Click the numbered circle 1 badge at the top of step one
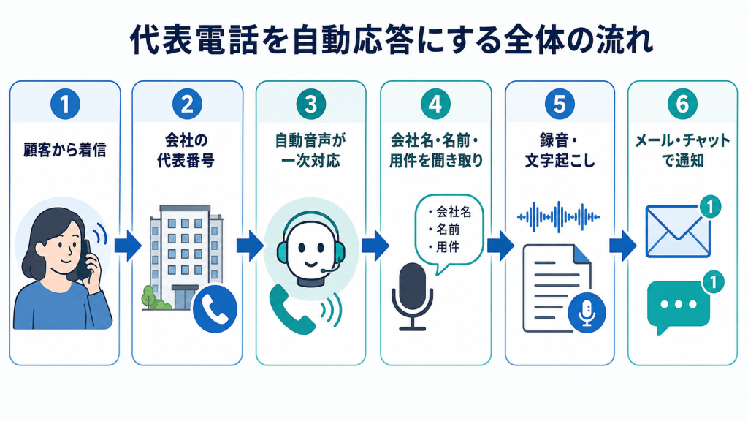tap(65, 104)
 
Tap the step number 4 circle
tap(435, 104)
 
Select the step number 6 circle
tap(682, 104)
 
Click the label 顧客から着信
tap(65, 150)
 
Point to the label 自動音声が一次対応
tap(310, 151)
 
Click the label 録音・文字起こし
tap(560, 151)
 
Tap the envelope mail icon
tap(678, 232)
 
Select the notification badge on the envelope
tap(710, 207)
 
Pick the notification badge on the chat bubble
tap(713, 282)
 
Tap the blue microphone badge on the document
tap(587, 313)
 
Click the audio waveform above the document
tap(559, 217)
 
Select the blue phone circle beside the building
tap(215, 308)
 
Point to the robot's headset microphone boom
tap(332, 266)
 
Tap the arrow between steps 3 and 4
tap(375, 246)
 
